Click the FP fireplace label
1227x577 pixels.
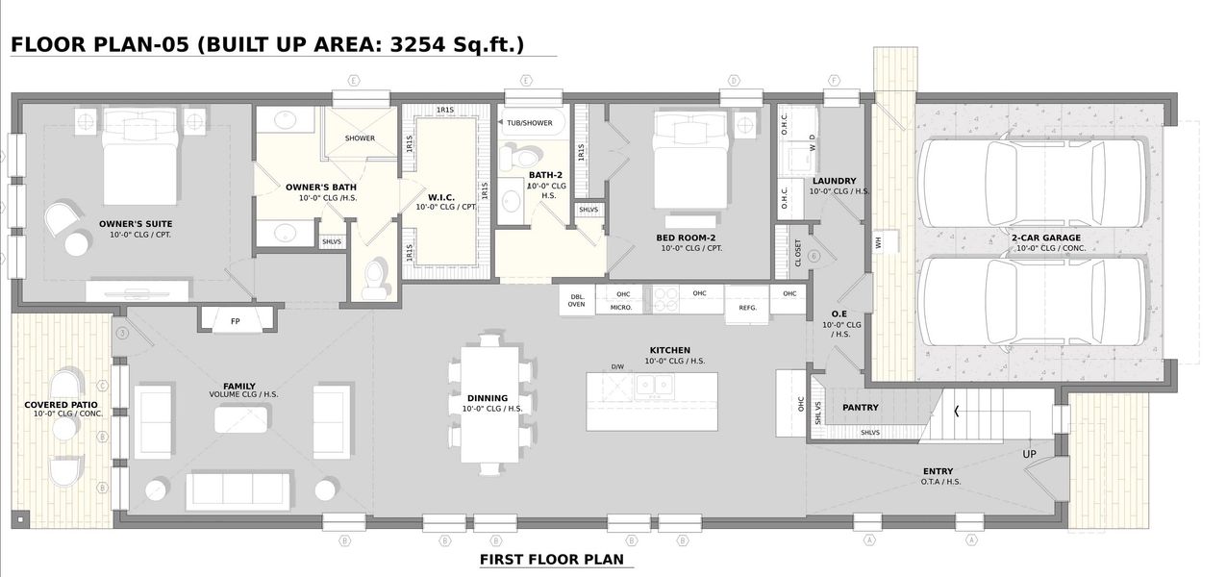pyautogui.click(x=236, y=321)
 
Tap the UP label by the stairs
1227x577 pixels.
pyautogui.click(x=1029, y=454)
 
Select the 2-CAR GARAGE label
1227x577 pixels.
pyautogui.click(x=1045, y=238)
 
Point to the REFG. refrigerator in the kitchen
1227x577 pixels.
pyautogui.click(x=747, y=307)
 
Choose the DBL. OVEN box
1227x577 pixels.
pyautogui.click(x=577, y=300)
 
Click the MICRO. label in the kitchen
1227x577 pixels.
pyautogui.click(x=621, y=308)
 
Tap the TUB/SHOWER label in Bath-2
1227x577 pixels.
pyautogui.click(x=530, y=123)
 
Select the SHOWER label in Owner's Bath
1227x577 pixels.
pyautogui.click(x=360, y=138)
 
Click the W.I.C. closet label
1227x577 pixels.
pyautogui.click(x=440, y=196)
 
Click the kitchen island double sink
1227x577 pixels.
pyautogui.click(x=654, y=386)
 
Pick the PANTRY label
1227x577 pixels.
pyautogui.click(x=861, y=407)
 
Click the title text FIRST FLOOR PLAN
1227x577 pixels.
pyautogui.click(x=551, y=559)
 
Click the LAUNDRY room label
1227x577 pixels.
pyautogui.click(x=834, y=181)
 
